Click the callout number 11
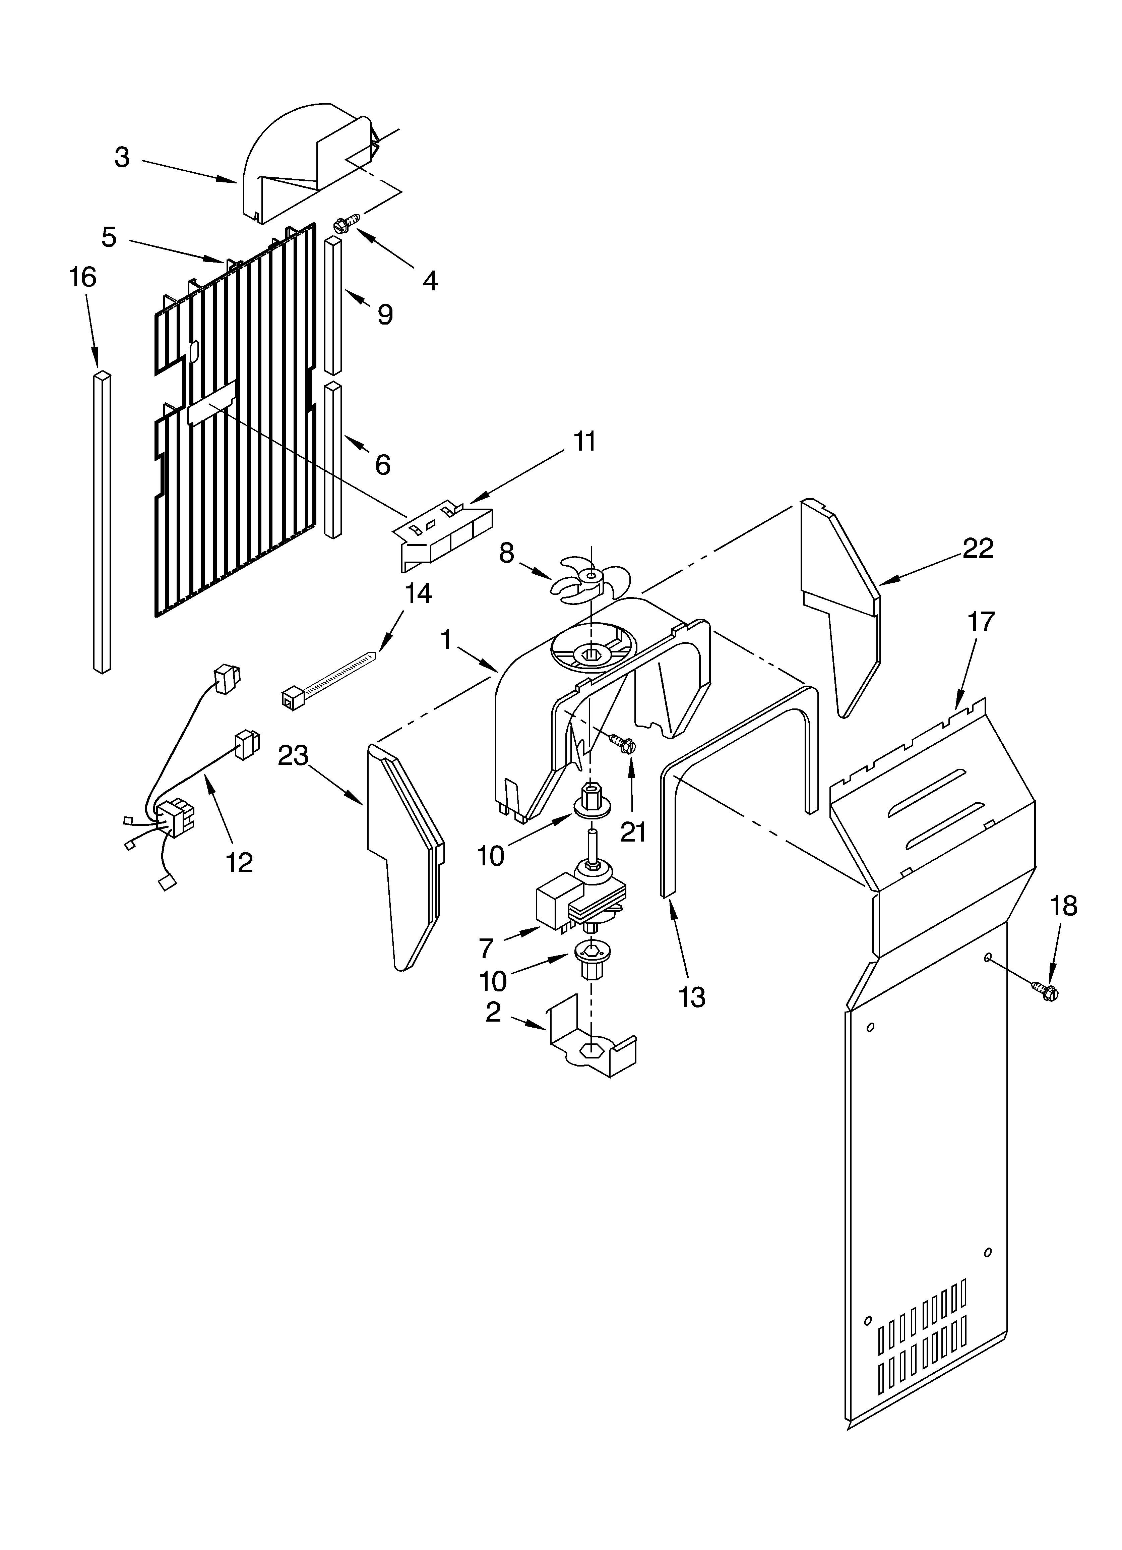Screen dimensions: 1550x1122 click(x=584, y=442)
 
